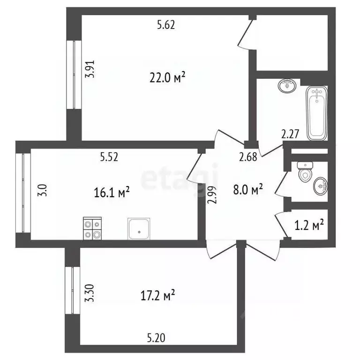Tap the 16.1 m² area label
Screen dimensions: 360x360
click(x=111, y=192)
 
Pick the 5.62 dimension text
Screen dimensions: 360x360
click(x=165, y=26)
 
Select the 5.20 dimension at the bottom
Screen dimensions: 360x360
click(x=156, y=337)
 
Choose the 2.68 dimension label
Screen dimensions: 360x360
click(x=248, y=157)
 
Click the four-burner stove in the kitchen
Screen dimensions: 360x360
click(x=92, y=228)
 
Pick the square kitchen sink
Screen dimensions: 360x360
click(x=138, y=229)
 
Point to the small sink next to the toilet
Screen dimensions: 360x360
click(x=321, y=187)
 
